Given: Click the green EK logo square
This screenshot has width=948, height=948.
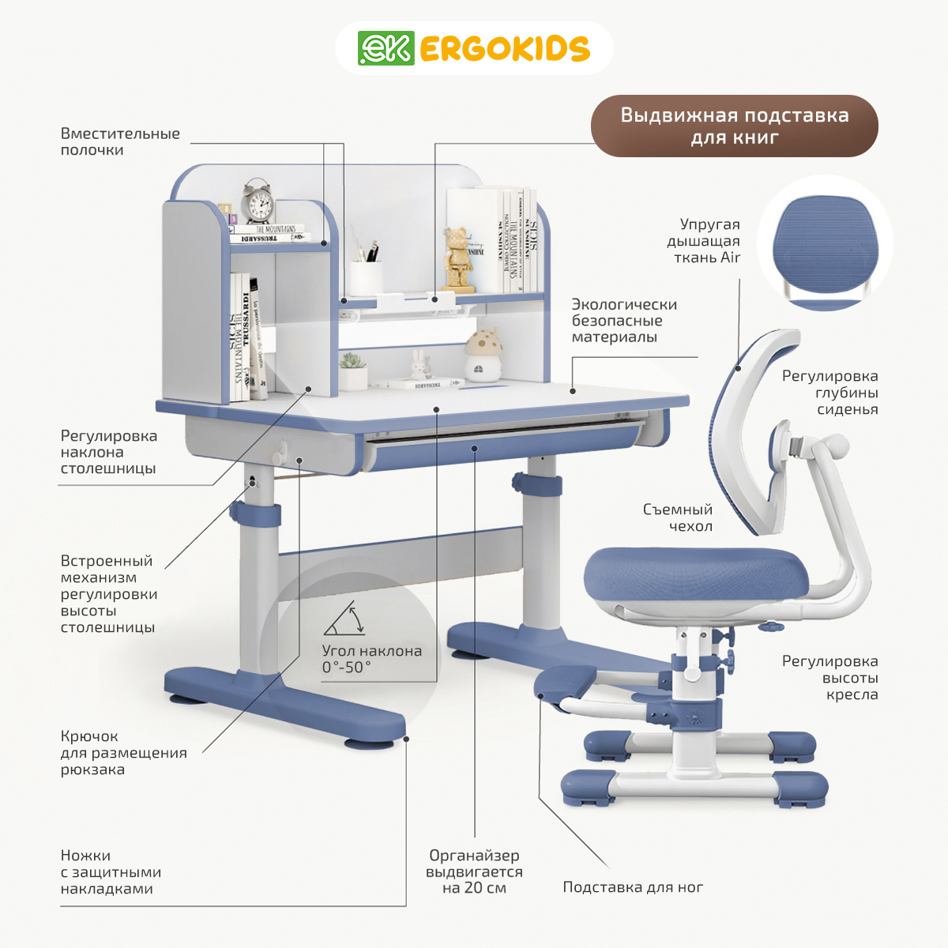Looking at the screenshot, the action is pyautogui.click(x=386, y=48).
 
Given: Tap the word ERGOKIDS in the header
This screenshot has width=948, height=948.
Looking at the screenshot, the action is pyautogui.click(x=504, y=49).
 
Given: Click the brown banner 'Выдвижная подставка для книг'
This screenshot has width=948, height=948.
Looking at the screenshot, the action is pyautogui.click(x=735, y=126).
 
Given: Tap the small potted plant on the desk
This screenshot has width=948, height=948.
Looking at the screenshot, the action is pyautogui.click(x=352, y=371).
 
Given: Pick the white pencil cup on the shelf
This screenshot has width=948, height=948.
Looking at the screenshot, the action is pyautogui.click(x=366, y=276).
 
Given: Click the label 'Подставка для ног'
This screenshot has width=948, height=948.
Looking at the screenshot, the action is pyautogui.click(x=633, y=887).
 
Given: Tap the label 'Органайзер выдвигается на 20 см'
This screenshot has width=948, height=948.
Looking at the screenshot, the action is pyautogui.click(x=474, y=871).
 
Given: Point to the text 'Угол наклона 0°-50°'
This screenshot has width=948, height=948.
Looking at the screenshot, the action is pyautogui.click(x=371, y=659).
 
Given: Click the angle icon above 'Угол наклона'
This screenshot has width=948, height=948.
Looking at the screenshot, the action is pyautogui.click(x=344, y=619).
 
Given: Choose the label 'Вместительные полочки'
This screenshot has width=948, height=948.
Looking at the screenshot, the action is pyautogui.click(x=120, y=141).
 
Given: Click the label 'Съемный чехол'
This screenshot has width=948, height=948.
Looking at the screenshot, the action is pyautogui.click(x=677, y=517).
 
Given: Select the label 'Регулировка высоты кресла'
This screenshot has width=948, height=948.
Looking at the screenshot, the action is pyautogui.click(x=829, y=678).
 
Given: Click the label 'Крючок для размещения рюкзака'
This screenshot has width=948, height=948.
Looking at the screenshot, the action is pyautogui.click(x=123, y=753).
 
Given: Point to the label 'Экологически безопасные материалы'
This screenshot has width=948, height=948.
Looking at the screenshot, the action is pyautogui.click(x=624, y=321).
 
